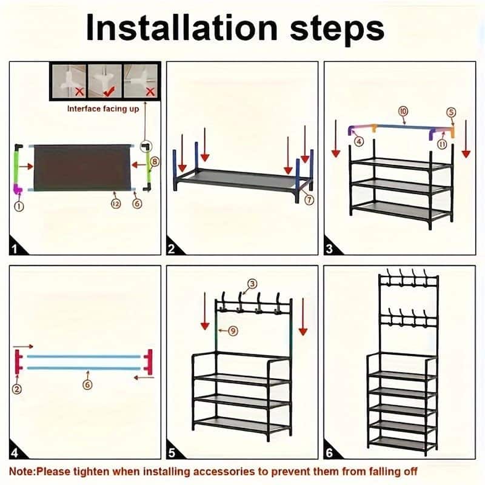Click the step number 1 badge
point(17,249)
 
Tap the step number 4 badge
point(17,452)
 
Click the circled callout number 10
point(403,110)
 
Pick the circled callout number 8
point(155,161)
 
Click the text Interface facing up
point(102,109)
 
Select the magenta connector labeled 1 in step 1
point(19,189)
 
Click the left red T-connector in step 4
point(19,362)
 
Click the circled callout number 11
point(442,144)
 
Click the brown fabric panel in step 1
point(82,166)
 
